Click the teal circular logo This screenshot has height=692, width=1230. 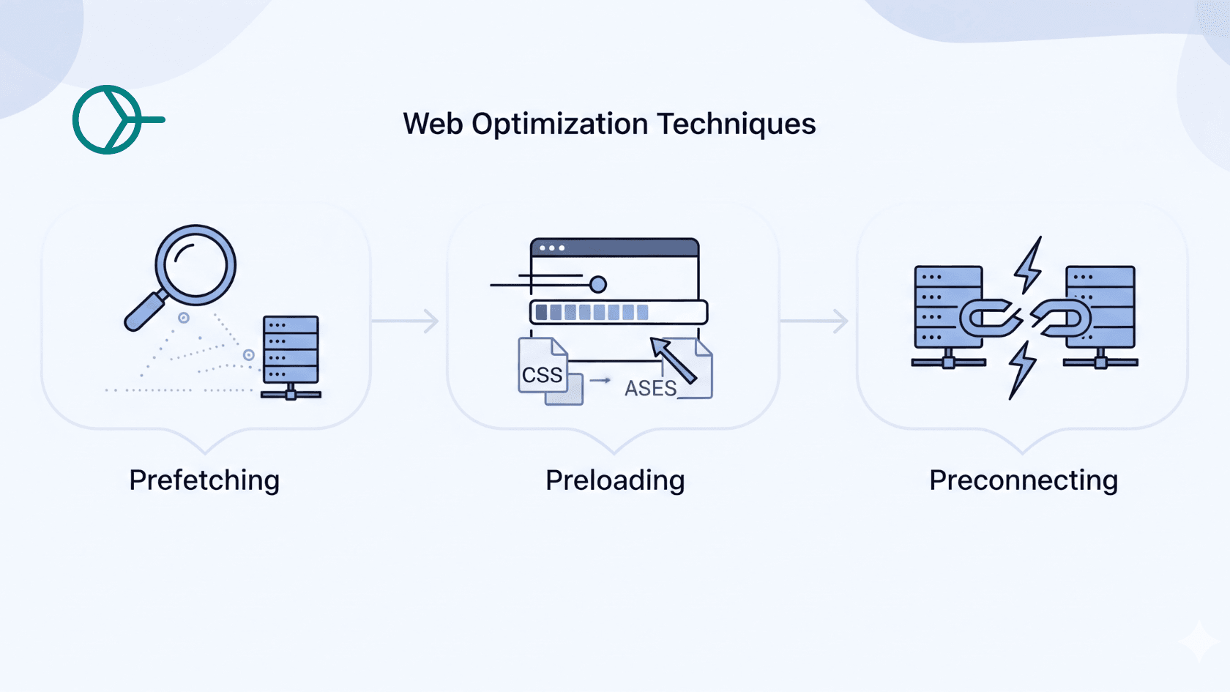pyautogui.click(x=108, y=119)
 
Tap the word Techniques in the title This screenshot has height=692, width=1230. pyautogui.click(x=736, y=124)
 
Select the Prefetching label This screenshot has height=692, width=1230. pyautogui.click(x=204, y=480)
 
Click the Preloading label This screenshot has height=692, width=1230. pyautogui.click(x=615, y=480)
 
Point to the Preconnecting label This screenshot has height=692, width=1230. pyautogui.click(x=1023, y=480)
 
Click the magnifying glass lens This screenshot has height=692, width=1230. pyautogui.click(x=195, y=264)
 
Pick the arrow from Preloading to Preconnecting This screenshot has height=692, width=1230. pyautogui.click(x=815, y=321)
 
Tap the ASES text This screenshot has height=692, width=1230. pyautogui.click(x=649, y=388)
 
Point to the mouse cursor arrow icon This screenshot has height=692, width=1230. pyautogui.click(x=672, y=360)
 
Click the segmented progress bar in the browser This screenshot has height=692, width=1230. pyautogui.click(x=618, y=313)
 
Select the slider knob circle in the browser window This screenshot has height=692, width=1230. pyautogui.click(x=597, y=284)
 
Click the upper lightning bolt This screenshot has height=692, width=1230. pyautogui.click(x=1029, y=265)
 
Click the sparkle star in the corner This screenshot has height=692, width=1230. pyautogui.click(x=1198, y=641)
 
